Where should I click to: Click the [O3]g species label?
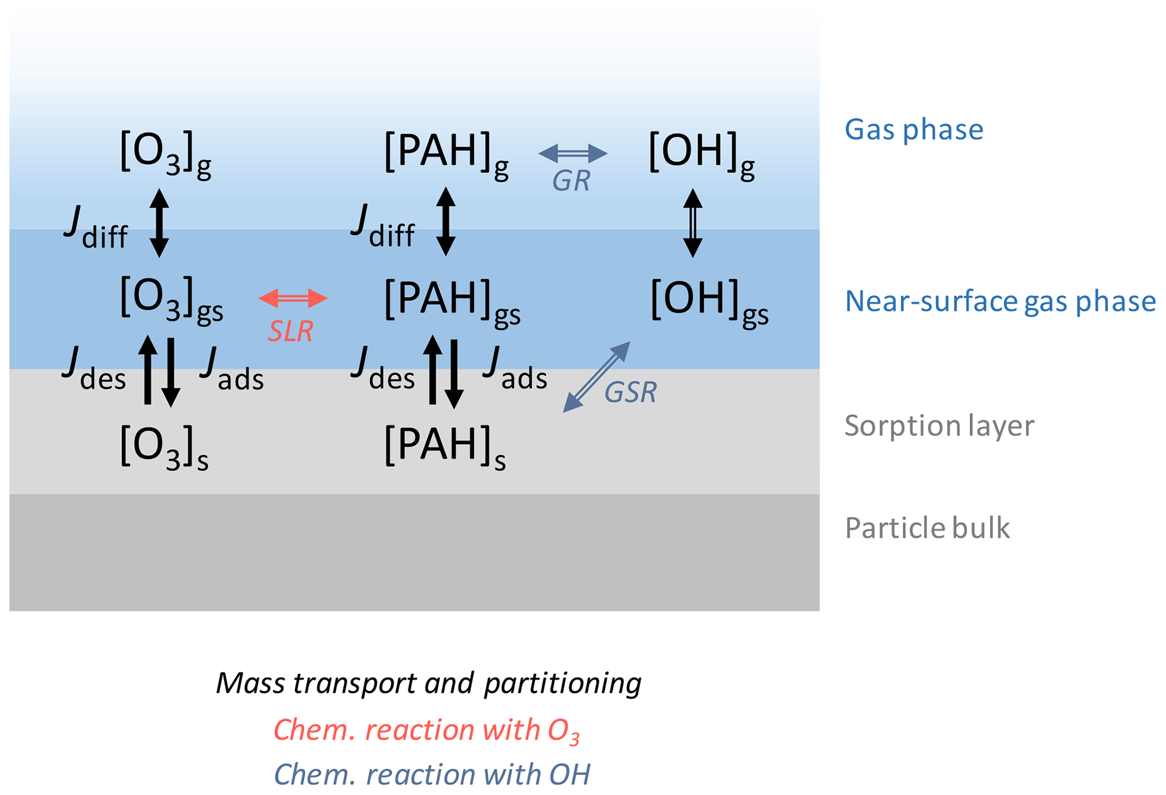click(x=165, y=153)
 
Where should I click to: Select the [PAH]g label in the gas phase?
click(x=446, y=153)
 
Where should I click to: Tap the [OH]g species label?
click(x=701, y=153)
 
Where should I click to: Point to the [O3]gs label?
click(x=171, y=299)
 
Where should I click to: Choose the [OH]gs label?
click(x=709, y=301)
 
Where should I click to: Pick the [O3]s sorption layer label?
click(x=164, y=447)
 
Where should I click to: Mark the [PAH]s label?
click(x=445, y=447)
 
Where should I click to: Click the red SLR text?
click(x=290, y=331)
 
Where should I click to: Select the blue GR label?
click(x=571, y=181)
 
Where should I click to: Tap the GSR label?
click(x=630, y=392)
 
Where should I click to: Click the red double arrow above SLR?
click(x=293, y=298)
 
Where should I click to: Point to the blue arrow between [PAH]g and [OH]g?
click(x=573, y=153)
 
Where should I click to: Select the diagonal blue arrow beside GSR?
click(x=597, y=377)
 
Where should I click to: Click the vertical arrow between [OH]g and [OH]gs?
click(x=693, y=223)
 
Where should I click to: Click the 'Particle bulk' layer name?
click(x=927, y=528)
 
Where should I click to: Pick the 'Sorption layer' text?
click(x=939, y=426)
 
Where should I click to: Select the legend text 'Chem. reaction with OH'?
click(x=432, y=774)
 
